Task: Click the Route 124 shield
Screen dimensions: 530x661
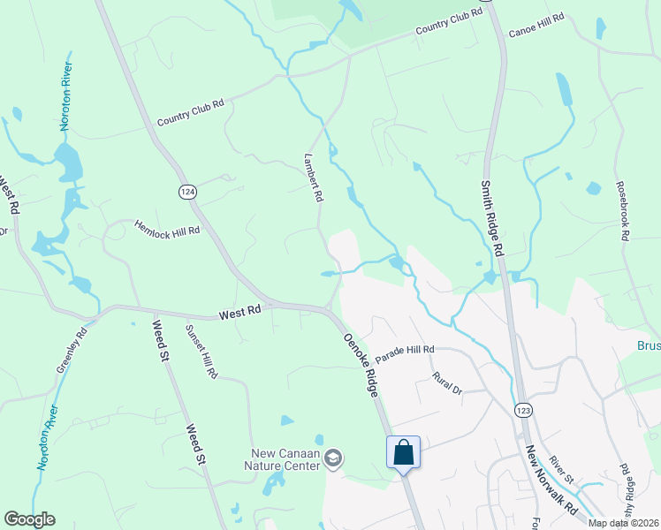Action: pyautogui.click(x=186, y=192)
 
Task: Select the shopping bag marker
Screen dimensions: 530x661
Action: pyautogui.click(x=403, y=453)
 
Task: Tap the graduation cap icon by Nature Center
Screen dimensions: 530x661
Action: pyautogui.click(x=333, y=458)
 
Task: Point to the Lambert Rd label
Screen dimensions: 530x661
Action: pyautogui.click(x=312, y=178)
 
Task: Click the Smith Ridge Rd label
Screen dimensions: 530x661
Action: pyautogui.click(x=491, y=218)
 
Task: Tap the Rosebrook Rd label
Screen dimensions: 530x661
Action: pyautogui.click(x=623, y=213)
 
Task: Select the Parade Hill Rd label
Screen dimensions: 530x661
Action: pyautogui.click(x=405, y=354)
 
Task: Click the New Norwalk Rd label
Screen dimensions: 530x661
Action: pyautogui.click(x=550, y=481)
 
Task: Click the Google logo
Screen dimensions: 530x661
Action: pyautogui.click(x=30, y=519)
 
